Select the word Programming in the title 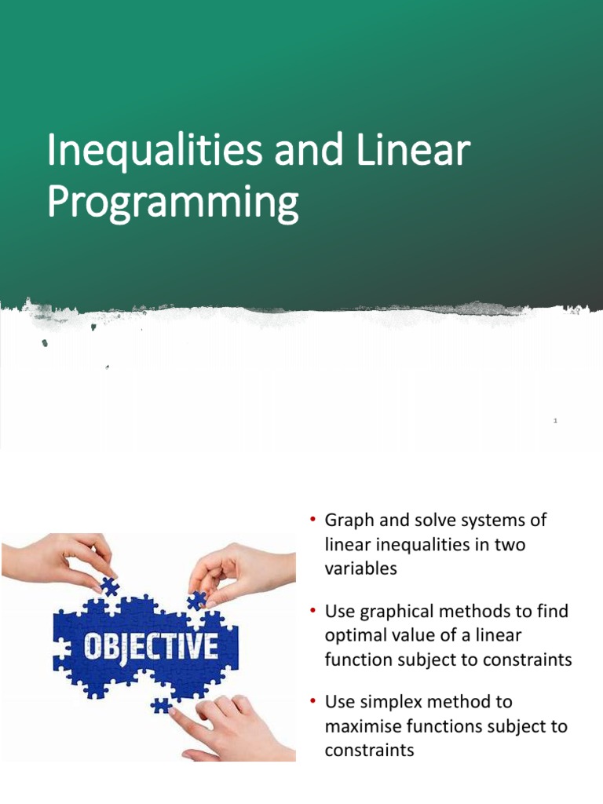pyautogui.click(x=173, y=203)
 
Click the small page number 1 pyautogui.click(x=555, y=422)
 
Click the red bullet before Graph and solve pyautogui.click(x=312, y=520)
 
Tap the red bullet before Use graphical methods pyautogui.click(x=312, y=610)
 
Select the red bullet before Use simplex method pyautogui.click(x=312, y=700)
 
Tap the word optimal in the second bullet pyautogui.click(x=357, y=635)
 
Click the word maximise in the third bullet pyautogui.click(x=363, y=726)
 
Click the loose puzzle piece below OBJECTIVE pyautogui.click(x=162, y=705)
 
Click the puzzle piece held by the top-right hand pyautogui.click(x=197, y=601)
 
